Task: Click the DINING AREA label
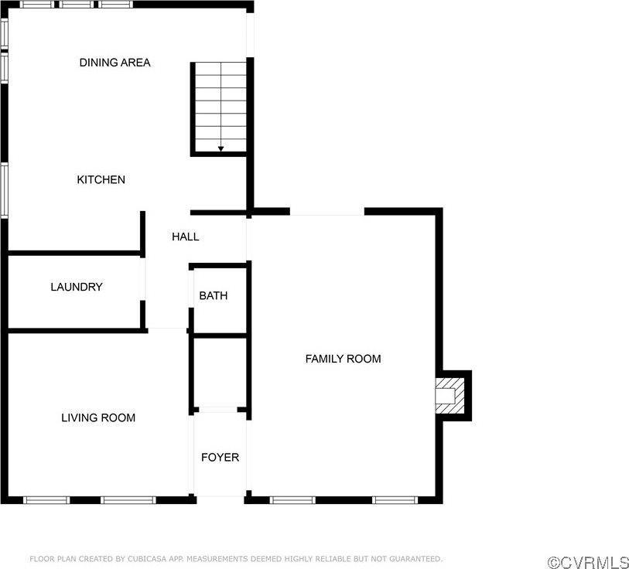coord(115,63)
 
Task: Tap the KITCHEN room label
coord(101,180)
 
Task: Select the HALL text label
coord(185,237)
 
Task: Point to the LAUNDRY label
coord(77,287)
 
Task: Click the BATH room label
coord(213,295)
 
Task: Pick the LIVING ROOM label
coord(98,418)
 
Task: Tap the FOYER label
coord(220,458)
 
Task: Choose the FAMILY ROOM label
coord(343,359)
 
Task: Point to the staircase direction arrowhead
coord(220,148)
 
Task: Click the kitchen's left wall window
coord(4,189)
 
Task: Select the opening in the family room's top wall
coord(326,212)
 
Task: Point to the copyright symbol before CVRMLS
coord(553,560)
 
